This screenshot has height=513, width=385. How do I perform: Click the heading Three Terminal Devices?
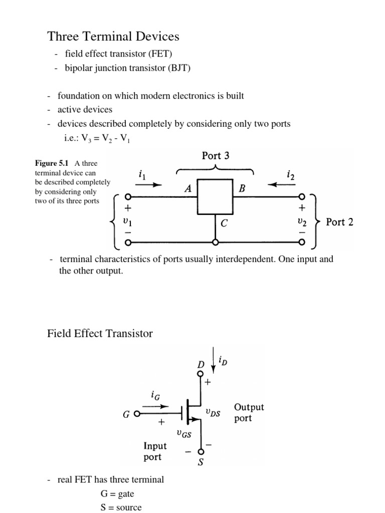click(x=113, y=37)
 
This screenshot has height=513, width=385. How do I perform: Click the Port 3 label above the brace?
click(x=216, y=156)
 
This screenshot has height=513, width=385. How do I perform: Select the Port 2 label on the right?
click(x=339, y=222)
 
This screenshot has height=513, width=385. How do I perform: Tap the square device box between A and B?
click(x=216, y=197)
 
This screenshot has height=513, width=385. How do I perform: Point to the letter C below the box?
click(x=224, y=224)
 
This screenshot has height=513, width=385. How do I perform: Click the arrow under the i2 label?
click(x=282, y=184)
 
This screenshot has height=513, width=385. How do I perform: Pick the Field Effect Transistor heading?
click(x=100, y=333)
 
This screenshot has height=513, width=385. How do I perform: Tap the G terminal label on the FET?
click(x=126, y=415)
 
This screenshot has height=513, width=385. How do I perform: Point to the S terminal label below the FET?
click(x=201, y=462)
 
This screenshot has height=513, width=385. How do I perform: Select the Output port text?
click(x=249, y=413)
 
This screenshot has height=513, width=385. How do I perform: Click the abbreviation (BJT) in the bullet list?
click(x=179, y=69)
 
